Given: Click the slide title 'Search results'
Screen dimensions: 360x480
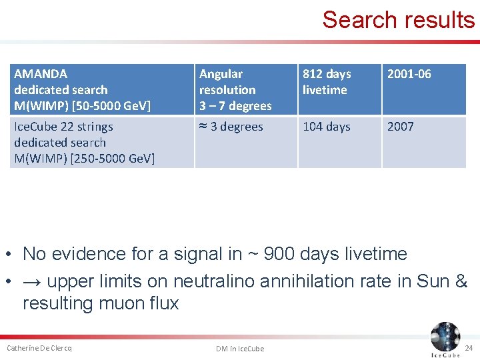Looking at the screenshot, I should click(398, 20).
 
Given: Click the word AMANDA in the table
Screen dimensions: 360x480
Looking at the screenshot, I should click(41, 74).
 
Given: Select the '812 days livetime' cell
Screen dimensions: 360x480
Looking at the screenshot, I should click(326, 82).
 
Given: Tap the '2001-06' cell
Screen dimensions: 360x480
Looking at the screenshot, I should click(409, 74).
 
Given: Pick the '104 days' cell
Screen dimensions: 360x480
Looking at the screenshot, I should click(326, 127).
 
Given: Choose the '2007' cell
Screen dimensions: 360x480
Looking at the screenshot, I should click(401, 127).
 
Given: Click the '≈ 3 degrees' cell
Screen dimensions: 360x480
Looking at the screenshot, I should click(231, 127).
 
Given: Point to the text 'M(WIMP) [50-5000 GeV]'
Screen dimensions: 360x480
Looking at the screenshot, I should click(82, 106).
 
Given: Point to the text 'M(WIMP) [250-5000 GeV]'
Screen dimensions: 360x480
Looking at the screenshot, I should click(84, 159).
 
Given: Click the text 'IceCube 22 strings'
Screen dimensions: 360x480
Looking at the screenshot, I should click(63, 127).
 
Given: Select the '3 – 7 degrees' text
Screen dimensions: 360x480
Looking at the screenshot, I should click(235, 106).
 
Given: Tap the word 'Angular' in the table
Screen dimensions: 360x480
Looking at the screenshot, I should click(221, 74).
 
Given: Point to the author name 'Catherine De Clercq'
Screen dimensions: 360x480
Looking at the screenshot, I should click(39, 348).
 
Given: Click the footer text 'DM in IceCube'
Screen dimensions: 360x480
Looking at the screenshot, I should click(240, 349).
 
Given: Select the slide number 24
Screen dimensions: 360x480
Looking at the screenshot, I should click(469, 348).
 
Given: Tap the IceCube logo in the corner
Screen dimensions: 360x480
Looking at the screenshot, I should click(445, 339).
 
